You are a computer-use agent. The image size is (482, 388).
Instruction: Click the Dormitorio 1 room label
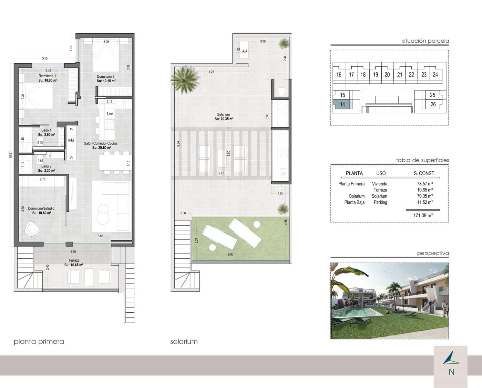[x=47, y=76]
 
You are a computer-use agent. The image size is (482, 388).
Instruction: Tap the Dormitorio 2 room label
[x=106, y=77]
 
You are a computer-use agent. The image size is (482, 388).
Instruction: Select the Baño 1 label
[x=46, y=130]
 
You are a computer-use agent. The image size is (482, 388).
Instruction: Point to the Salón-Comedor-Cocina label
[x=101, y=143]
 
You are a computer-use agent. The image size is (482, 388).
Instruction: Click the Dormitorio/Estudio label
[x=41, y=209]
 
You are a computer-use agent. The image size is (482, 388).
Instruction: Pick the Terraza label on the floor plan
[x=74, y=260]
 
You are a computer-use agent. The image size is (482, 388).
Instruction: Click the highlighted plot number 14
[x=342, y=104]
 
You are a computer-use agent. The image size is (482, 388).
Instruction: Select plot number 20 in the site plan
[x=387, y=75]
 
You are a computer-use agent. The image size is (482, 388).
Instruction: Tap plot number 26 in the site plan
[x=433, y=104]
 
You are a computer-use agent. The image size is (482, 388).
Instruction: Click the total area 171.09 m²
[x=423, y=215]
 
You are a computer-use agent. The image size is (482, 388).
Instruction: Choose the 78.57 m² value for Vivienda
[x=425, y=184]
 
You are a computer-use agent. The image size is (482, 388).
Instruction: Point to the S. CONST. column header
[x=424, y=173]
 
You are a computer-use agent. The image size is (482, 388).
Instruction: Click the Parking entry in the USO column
[x=380, y=202]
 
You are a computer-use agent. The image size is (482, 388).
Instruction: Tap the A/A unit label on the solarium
[x=245, y=51]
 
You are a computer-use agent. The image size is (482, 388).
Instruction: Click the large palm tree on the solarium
[x=185, y=79]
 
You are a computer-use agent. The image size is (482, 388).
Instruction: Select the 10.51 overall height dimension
[x=10, y=155]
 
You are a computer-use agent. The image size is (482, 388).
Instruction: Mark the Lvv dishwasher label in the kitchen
[x=110, y=114]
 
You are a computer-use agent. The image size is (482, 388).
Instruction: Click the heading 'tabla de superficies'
[x=422, y=160]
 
